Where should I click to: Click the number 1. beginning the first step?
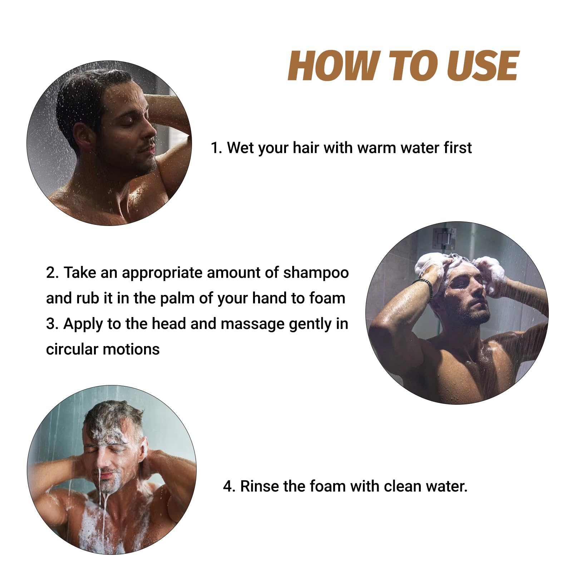(x=216, y=148)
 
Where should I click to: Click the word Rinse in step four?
(x=258, y=486)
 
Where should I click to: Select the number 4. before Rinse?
(x=229, y=486)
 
